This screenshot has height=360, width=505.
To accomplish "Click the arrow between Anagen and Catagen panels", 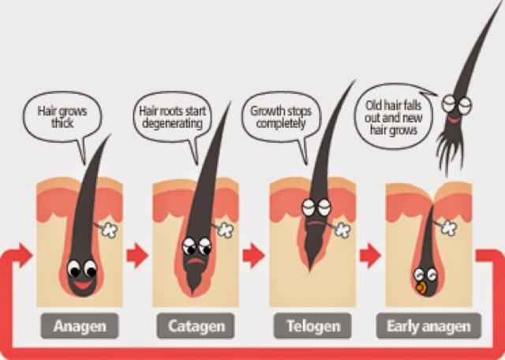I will [x=139, y=255].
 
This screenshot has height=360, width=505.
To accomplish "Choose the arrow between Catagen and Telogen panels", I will [x=254, y=255].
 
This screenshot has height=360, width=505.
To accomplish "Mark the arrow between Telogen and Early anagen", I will [x=368, y=255].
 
